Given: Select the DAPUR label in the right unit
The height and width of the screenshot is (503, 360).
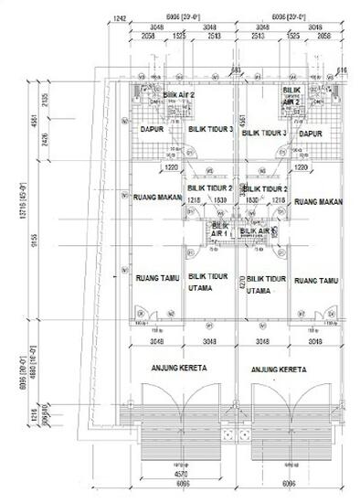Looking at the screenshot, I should [312, 133].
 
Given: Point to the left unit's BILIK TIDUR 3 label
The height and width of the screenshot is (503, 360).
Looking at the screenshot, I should [211, 131].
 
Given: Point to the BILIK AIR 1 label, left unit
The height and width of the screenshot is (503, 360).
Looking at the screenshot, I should [219, 230].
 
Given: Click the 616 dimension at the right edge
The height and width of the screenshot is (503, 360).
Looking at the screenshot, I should [342, 70].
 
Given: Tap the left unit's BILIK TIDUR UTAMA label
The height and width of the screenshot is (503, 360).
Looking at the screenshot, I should [206, 283].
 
